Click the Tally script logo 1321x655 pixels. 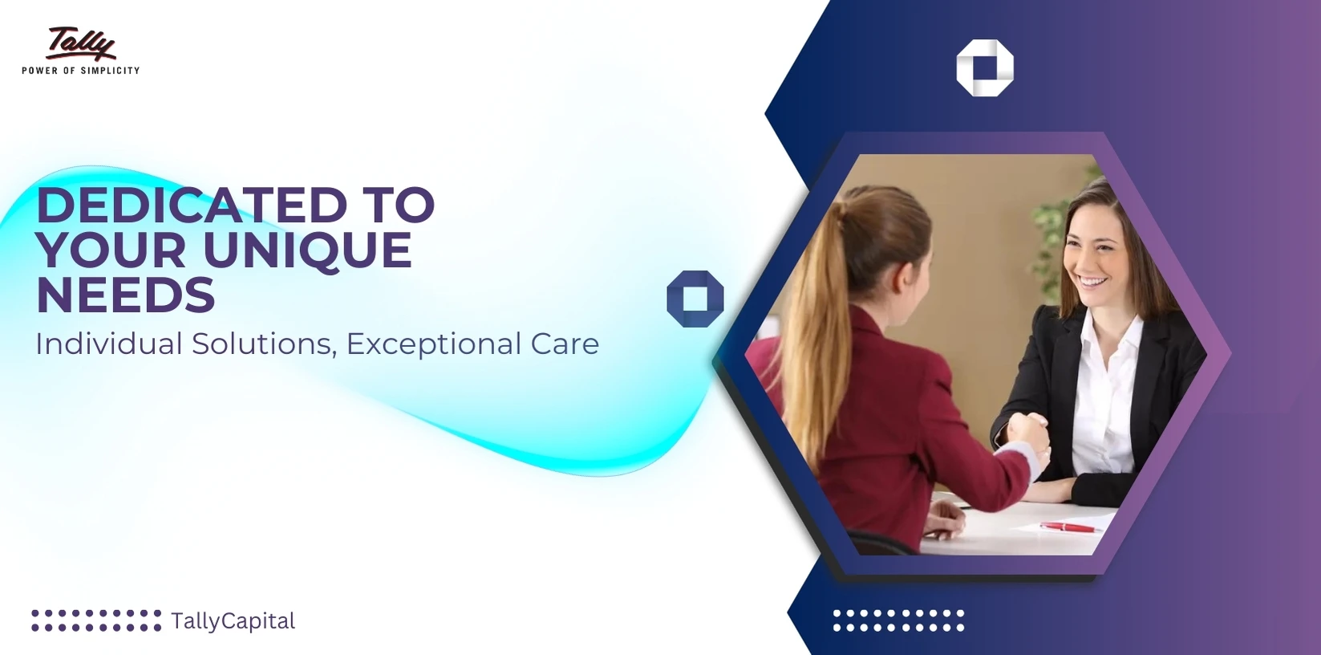[81, 43]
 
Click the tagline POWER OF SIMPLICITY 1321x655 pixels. [81, 71]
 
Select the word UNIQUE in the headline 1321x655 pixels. [308, 250]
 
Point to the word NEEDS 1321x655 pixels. [126, 295]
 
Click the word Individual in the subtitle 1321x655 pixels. [109, 344]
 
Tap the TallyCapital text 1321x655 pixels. [233, 621]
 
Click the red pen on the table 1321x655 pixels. [1069, 527]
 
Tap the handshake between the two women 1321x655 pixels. [1029, 437]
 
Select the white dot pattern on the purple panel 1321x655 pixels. [899, 620]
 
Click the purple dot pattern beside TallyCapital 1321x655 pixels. [96, 620]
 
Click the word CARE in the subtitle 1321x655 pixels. [565, 344]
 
